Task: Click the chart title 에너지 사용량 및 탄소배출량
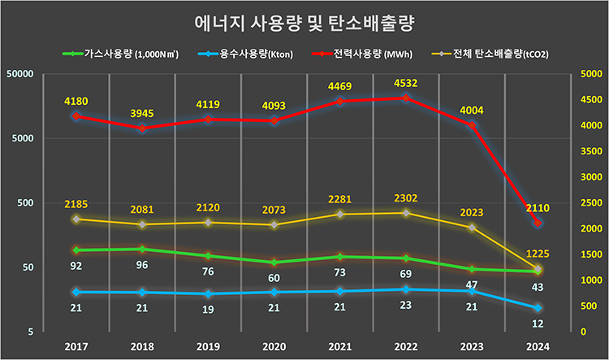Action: tap(304, 23)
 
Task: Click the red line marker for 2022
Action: tap(405, 98)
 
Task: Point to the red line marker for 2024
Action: tap(538, 223)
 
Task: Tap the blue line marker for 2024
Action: tap(538, 308)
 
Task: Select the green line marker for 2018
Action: tap(141, 249)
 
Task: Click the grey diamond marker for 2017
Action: tap(76, 219)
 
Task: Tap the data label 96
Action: tap(141, 266)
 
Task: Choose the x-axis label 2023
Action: tap(472, 347)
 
